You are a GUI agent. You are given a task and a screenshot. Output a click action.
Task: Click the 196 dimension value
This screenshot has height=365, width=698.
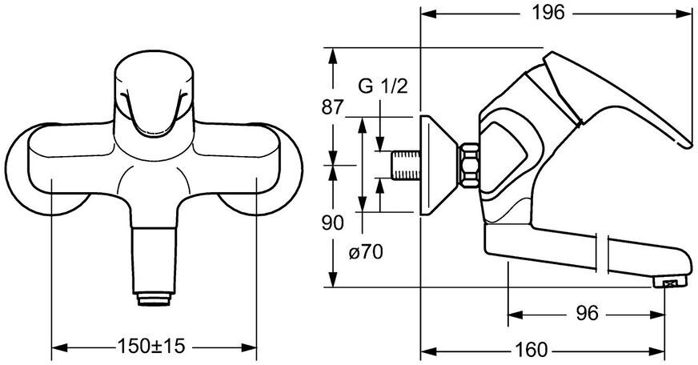point(549,13)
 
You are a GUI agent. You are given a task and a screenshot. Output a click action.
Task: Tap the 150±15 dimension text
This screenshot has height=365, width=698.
point(153,347)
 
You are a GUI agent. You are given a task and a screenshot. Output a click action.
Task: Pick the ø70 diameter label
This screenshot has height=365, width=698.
point(365,253)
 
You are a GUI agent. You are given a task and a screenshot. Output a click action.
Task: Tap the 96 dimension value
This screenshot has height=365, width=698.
point(587,313)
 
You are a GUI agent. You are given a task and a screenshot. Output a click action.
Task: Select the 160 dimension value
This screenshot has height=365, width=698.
point(532,350)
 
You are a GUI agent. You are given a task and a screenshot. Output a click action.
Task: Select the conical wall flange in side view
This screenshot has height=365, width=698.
point(436,164)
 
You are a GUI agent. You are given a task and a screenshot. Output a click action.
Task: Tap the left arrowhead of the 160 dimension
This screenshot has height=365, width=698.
point(425,350)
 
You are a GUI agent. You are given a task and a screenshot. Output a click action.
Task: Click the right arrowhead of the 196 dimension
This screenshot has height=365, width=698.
point(684,13)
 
